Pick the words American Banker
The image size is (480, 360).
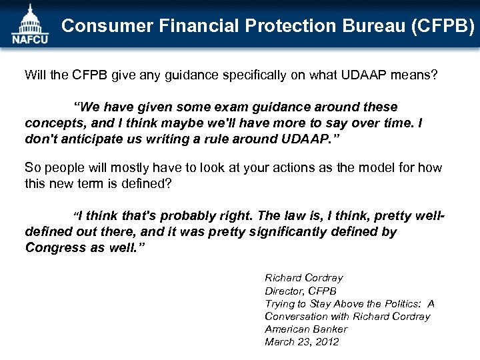click(x=305, y=329)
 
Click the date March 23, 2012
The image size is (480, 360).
click(x=301, y=341)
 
